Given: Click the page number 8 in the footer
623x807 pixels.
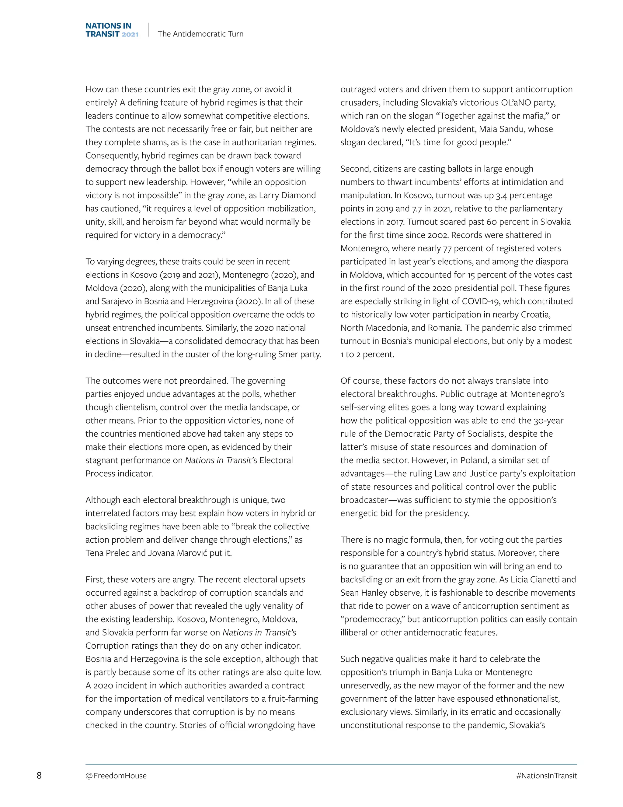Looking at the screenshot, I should [39, 775].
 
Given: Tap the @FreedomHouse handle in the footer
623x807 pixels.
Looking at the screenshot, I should [116, 776].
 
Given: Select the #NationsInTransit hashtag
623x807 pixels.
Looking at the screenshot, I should [546, 776].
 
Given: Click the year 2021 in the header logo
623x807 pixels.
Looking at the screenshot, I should [130, 34].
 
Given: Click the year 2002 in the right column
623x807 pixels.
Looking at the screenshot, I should [438, 235].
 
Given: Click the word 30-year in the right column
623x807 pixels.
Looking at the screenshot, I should [548, 421].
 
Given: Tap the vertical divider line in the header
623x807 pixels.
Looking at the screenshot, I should [148, 30].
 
